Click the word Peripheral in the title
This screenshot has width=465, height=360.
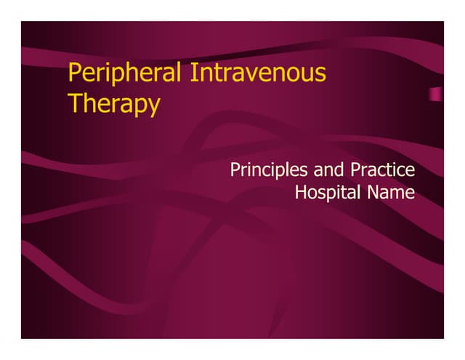click(124, 73)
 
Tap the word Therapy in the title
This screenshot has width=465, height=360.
click(113, 104)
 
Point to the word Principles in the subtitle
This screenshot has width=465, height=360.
click(268, 171)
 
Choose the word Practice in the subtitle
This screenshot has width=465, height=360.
click(382, 171)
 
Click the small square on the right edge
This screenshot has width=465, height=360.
click(435, 94)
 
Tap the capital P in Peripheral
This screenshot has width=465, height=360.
click(73, 73)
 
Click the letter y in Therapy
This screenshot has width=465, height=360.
click(153, 107)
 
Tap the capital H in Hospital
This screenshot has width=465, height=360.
click(300, 193)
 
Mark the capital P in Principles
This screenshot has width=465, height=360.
click(235, 170)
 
